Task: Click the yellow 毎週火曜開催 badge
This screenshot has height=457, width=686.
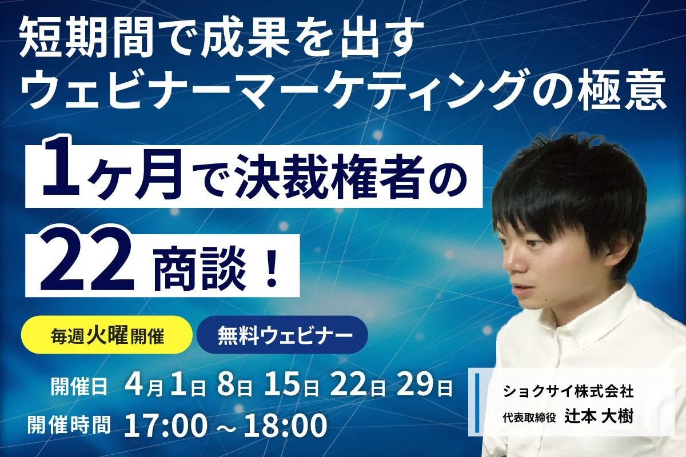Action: [x=107, y=335]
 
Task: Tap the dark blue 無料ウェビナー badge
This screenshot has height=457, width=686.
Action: [x=282, y=335]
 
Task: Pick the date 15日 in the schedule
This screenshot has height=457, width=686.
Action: [x=290, y=386]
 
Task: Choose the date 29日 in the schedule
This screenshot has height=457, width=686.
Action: [x=424, y=386]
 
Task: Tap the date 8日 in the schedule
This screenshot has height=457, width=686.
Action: [x=235, y=386]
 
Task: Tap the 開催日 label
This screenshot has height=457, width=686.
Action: [x=79, y=387]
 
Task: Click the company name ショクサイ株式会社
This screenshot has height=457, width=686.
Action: [x=568, y=391]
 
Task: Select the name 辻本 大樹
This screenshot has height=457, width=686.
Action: [x=599, y=417]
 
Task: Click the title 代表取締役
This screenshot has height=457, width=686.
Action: [x=529, y=418]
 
